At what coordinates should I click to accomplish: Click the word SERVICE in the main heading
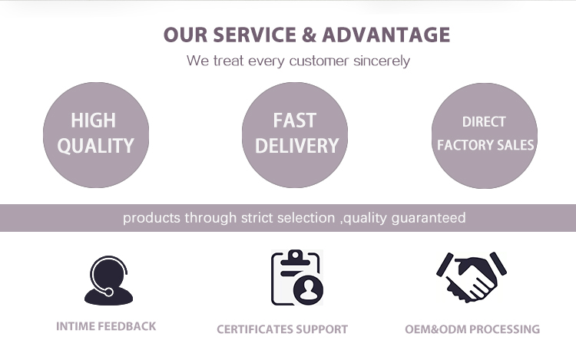coord(254,35)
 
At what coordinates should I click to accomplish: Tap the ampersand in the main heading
coord(309,35)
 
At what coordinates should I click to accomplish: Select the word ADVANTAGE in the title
coord(386,35)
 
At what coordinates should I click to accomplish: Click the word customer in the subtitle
coord(319,61)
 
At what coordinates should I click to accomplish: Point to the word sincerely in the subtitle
coord(382,61)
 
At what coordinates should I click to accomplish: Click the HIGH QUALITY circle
coord(96,135)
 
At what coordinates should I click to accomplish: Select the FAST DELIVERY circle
coord(295,135)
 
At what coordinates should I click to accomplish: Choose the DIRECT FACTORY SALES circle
coord(485,136)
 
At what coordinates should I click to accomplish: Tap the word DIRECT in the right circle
coord(484,122)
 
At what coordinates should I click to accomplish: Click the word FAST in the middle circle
coord(295,121)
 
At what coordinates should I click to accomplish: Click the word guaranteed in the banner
coord(429,218)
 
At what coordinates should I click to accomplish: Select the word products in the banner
coord(151,218)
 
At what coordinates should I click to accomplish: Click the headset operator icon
coord(109,280)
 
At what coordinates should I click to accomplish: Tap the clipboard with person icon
coord(297,277)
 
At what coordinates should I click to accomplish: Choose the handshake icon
coord(472,277)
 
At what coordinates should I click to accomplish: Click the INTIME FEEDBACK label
coord(106,326)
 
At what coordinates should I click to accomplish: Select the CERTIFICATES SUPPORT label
coord(282,329)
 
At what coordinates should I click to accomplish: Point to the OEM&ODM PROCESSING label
coord(472,329)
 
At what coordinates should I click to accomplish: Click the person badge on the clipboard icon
coord(309,290)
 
